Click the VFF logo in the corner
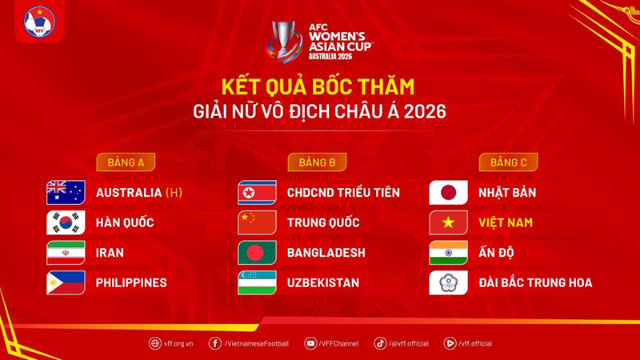point(39,22)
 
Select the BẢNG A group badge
point(126,162)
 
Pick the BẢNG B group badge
point(317,162)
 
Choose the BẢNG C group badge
point(509,162)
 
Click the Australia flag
point(66,192)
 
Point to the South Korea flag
point(66,222)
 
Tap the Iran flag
point(66,253)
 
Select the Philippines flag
point(66,282)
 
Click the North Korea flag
point(257,192)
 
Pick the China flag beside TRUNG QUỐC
point(257,222)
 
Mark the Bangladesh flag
point(257,253)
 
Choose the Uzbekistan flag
point(257,282)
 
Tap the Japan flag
point(448,192)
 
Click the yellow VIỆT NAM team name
point(506,222)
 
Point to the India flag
point(448,253)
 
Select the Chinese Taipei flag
point(448,282)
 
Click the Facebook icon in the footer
point(215,343)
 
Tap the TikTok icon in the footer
point(381,343)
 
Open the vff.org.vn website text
point(178,344)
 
